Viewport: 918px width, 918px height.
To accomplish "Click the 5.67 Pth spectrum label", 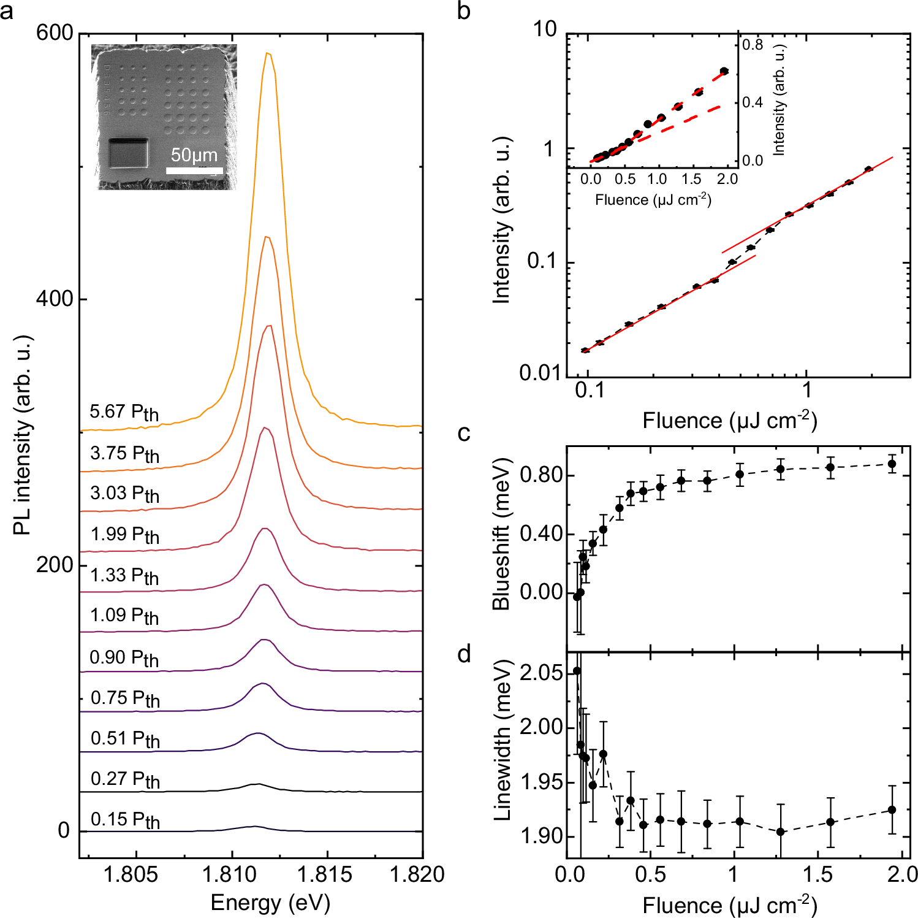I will click(x=124, y=413).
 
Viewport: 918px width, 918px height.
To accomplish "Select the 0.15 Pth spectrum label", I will click(x=125, y=820).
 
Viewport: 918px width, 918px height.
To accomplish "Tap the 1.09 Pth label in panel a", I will click(x=124, y=616).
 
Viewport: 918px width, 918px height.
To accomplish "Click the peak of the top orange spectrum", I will click(x=267, y=54).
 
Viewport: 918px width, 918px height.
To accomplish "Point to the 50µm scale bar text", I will click(x=194, y=155).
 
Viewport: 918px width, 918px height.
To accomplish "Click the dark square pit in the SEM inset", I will click(x=128, y=153).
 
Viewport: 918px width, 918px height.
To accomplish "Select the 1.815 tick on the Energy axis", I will click(x=327, y=874).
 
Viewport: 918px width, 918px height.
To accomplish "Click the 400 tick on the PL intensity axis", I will click(x=54, y=299).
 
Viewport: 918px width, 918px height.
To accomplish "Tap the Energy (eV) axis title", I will click(x=270, y=903).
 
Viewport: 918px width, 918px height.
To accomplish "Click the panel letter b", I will click(x=464, y=11).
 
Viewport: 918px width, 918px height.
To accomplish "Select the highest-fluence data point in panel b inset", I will click(x=724, y=71).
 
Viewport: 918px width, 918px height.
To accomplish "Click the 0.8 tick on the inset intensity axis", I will click(x=753, y=45).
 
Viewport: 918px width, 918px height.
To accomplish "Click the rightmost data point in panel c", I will click(x=892, y=464).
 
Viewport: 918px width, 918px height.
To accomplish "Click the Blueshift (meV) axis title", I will click(x=501, y=534).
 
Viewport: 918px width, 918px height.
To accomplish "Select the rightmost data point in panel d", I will click(x=892, y=810).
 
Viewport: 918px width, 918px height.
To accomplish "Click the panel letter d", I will click(x=464, y=655).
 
